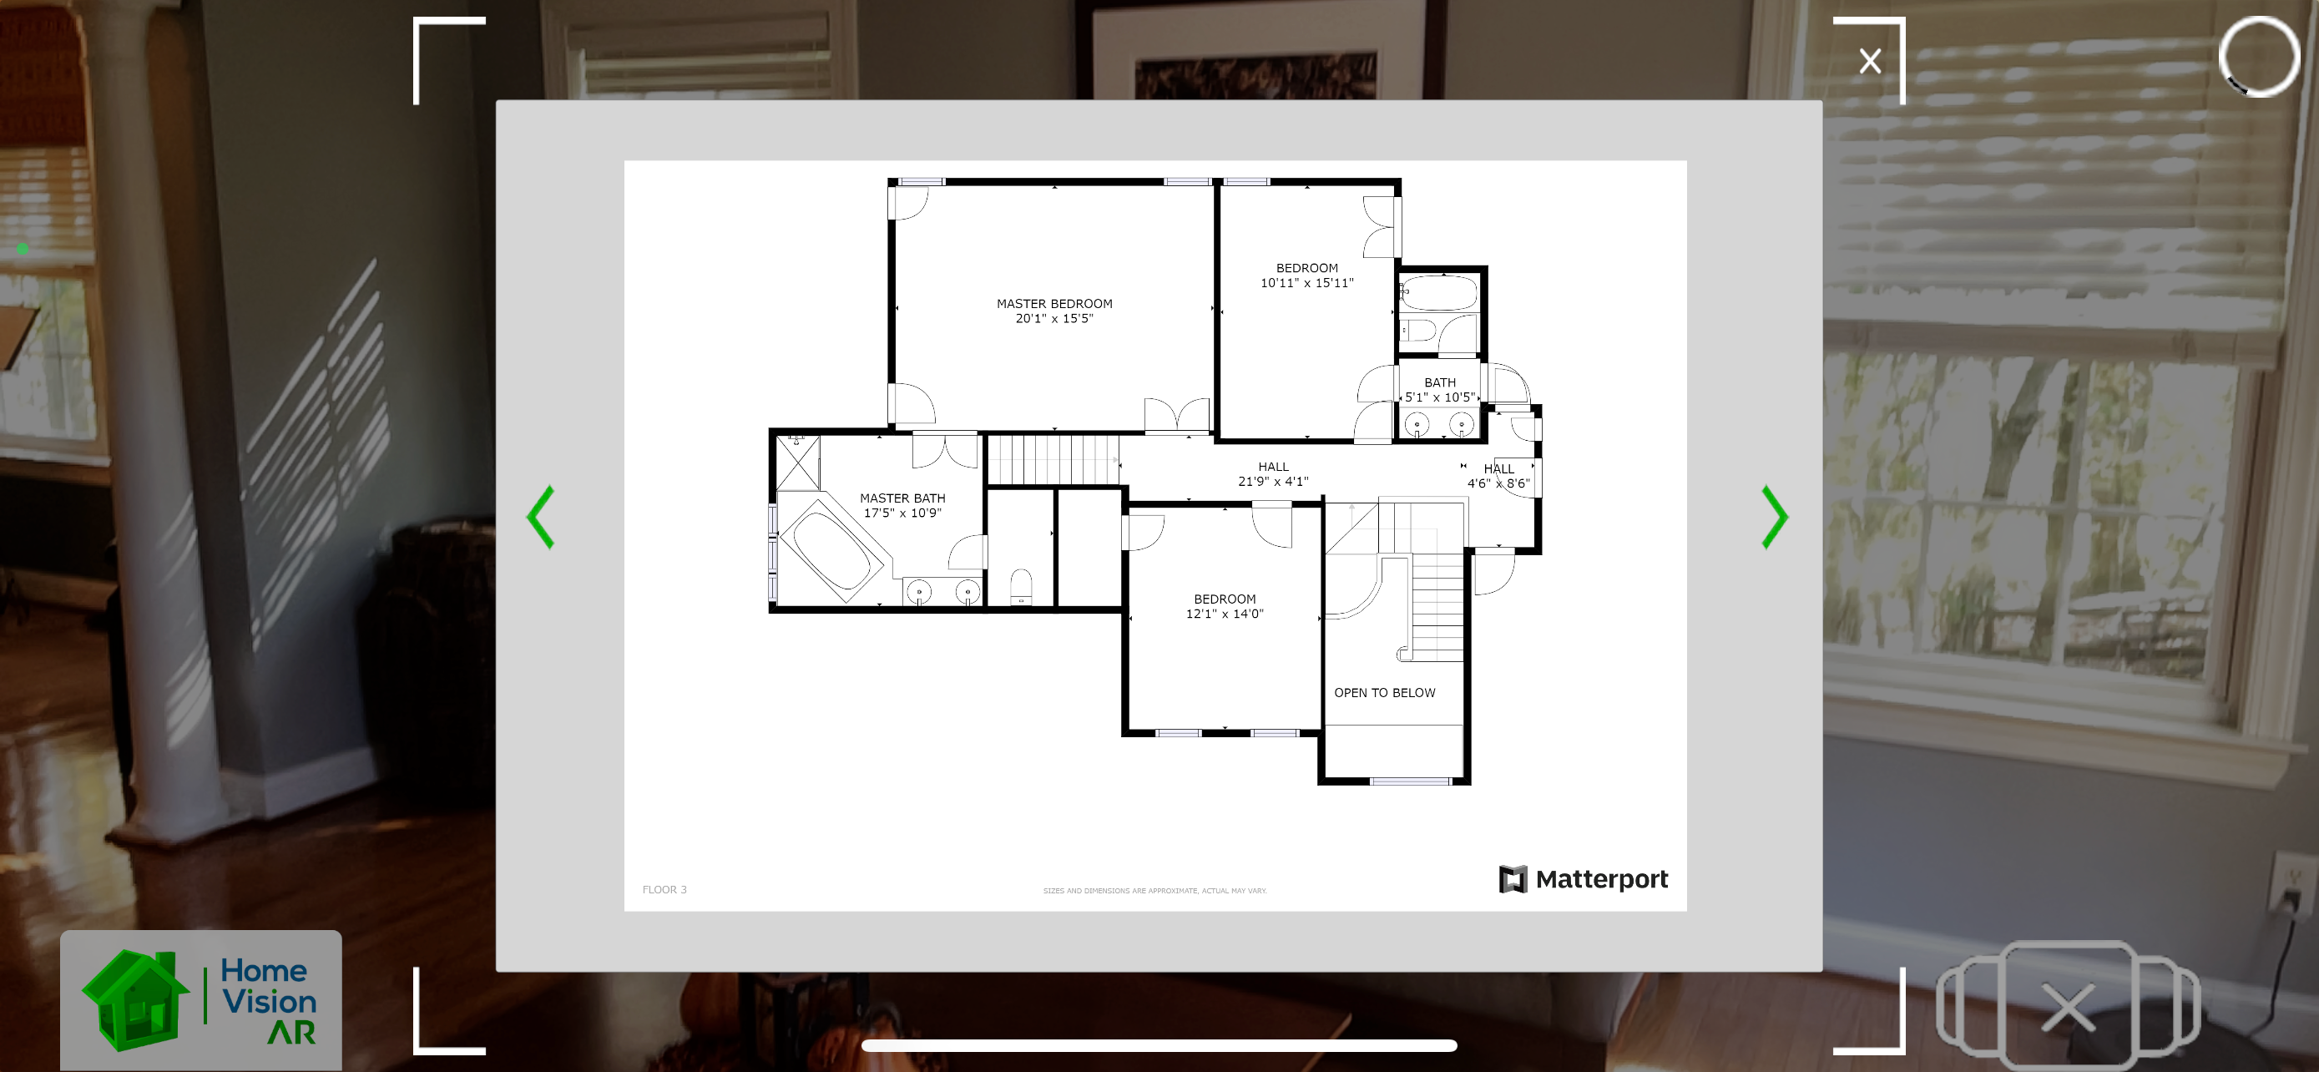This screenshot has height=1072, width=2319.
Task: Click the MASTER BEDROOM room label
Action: pos(1054,303)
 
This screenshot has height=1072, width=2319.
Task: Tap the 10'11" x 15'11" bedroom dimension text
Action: pos(1306,283)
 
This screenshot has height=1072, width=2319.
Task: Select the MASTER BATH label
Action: pos(902,498)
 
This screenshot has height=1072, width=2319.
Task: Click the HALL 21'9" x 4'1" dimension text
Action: pos(1273,481)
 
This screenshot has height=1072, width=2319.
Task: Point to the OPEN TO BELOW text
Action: pos(1385,692)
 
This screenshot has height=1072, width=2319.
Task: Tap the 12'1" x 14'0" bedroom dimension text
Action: pos(1225,614)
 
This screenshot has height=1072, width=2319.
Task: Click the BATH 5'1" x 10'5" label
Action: pos(1439,390)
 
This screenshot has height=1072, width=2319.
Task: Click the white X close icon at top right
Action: pos(1870,61)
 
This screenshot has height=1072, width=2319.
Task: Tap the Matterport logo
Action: pos(1583,878)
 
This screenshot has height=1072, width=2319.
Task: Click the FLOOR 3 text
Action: pos(664,889)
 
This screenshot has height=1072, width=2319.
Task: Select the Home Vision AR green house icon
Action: pos(136,1001)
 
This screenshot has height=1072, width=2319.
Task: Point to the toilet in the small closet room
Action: pos(1021,586)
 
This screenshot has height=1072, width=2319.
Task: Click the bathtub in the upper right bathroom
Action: pos(1438,293)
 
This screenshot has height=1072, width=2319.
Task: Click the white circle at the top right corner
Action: pos(2258,56)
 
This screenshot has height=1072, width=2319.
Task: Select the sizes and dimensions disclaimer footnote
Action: pos(1154,891)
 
